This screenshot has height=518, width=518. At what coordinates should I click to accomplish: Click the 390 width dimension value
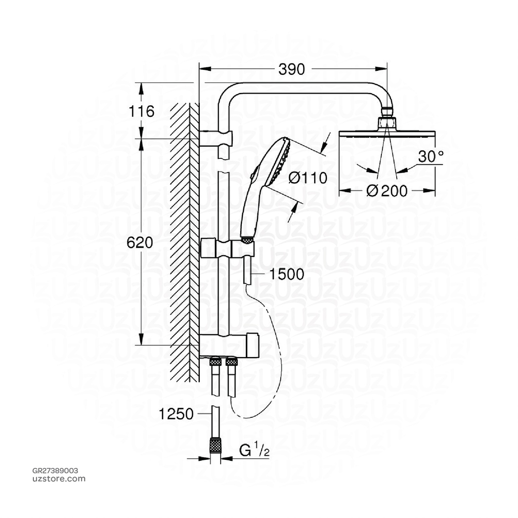click(292, 69)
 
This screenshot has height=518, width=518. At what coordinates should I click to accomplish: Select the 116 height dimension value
click(142, 111)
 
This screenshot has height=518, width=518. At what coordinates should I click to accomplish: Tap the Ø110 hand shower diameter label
click(308, 178)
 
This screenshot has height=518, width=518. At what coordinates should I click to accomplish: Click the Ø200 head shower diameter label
click(386, 191)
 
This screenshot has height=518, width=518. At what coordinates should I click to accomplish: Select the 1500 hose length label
click(286, 274)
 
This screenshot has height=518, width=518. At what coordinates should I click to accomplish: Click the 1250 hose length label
click(176, 414)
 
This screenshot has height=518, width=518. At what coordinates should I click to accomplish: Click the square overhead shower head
click(386, 134)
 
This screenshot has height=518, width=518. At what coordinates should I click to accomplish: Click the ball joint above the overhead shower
click(387, 110)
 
